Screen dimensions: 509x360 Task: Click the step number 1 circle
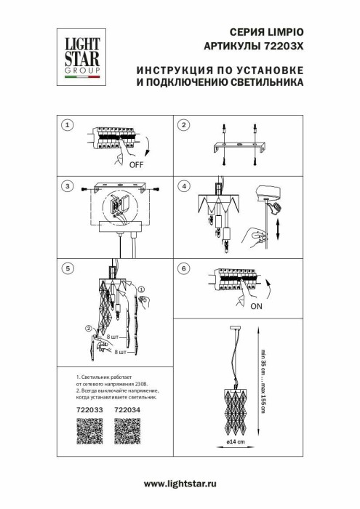[x=68, y=125]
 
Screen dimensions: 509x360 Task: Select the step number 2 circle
[x=184, y=125]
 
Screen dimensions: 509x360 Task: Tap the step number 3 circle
[x=68, y=186]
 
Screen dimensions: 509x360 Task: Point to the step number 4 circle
[x=184, y=186]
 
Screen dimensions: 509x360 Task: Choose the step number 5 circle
[x=68, y=268]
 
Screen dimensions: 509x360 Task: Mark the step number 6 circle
[x=184, y=268]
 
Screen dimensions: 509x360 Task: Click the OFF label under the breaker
[x=136, y=165]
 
